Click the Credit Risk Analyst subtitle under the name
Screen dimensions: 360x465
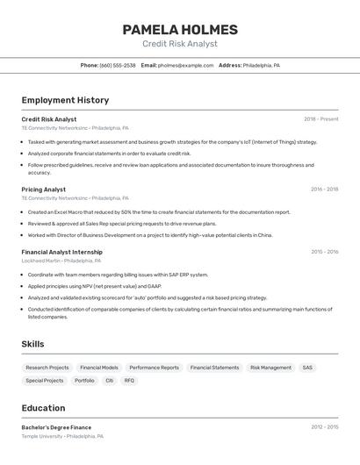click(180, 44)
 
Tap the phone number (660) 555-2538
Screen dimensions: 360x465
click(118, 65)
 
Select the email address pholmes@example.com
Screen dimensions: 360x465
click(186, 65)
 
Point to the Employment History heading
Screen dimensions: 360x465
click(65, 100)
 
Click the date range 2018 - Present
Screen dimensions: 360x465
click(321, 119)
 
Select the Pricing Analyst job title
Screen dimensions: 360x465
click(43, 189)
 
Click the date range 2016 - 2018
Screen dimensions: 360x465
click(324, 189)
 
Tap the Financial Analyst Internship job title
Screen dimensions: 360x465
click(61, 252)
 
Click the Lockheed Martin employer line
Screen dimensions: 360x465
click(61, 261)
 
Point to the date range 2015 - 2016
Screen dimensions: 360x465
click(324, 252)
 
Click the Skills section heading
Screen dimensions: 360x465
click(32, 344)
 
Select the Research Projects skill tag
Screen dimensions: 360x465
click(47, 368)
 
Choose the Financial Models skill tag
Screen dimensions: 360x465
click(99, 368)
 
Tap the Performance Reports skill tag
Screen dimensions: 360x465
click(154, 368)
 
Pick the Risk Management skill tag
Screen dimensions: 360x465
click(270, 368)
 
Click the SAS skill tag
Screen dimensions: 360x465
click(307, 368)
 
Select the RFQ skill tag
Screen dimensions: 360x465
click(129, 381)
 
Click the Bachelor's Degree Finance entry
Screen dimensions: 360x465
click(56, 427)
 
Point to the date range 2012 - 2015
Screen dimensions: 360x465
click(324, 427)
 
